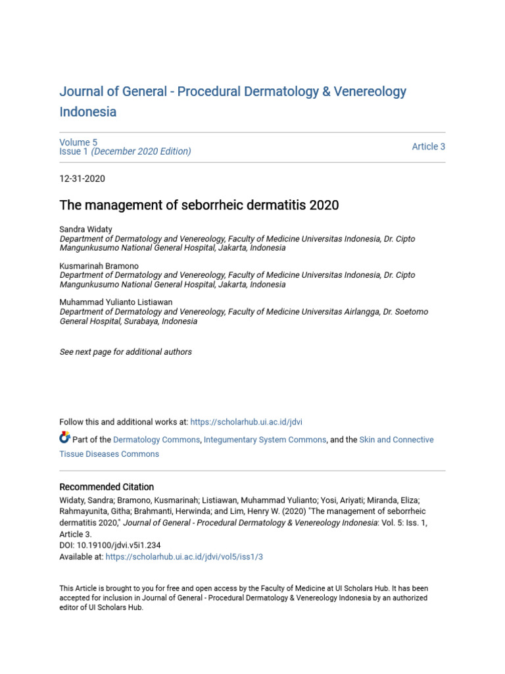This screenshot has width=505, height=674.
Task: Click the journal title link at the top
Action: pyautogui.click(x=233, y=91)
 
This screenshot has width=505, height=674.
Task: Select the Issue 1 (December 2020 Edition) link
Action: pyautogui.click(x=125, y=151)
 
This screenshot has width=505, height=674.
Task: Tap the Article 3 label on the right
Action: pyautogui.click(x=428, y=147)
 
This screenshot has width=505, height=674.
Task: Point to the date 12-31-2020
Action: pyautogui.click(x=82, y=178)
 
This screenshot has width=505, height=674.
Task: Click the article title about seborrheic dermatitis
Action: pyautogui.click(x=199, y=205)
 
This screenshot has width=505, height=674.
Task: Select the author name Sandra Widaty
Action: pyautogui.click(x=86, y=229)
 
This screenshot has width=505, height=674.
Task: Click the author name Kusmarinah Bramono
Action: pyautogui.click(x=99, y=266)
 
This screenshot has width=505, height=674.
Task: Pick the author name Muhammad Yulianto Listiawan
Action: pyautogui.click(x=116, y=302)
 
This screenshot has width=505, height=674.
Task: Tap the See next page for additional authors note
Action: pyautogui.click(x=126, y=352)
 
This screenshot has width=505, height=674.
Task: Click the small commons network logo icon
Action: pyautogui.click(x=64, y=438)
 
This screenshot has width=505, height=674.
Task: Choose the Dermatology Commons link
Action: pyautogui.click(x=156, y=440)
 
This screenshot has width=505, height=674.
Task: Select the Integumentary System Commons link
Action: pyautogui.click(x=265, y=440)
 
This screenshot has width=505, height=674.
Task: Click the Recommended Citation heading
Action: pyautogui.click(x=107, y=487)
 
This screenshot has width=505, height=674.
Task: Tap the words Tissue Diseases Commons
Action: pyautogui.click(x=109, y=454)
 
